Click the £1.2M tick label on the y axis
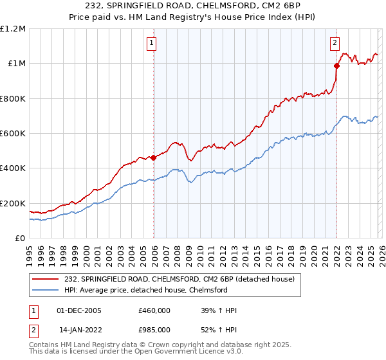[13, 29]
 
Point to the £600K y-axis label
[13, 134]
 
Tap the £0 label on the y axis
[21, 239]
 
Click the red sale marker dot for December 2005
[153, 157]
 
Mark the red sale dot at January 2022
[336, 66]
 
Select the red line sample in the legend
[45, 279]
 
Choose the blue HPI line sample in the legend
[45, 290]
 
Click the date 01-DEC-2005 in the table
[79, 310]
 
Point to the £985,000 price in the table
[154, 329]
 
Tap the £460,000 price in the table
[154, 310]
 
